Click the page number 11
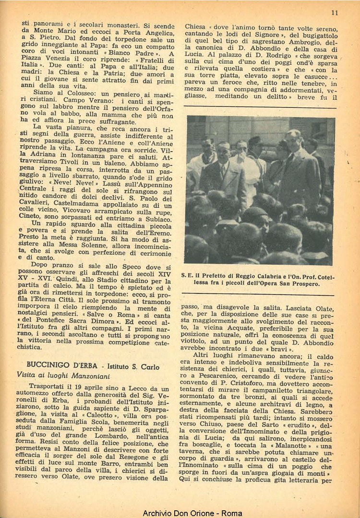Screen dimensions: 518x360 (x=335, y=13)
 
